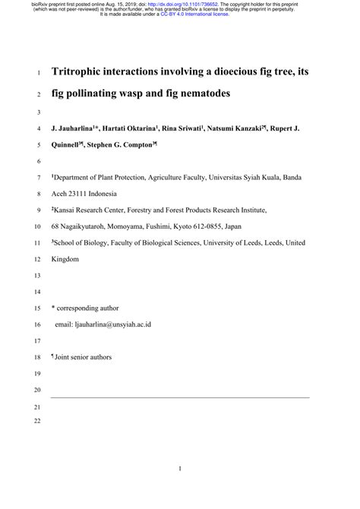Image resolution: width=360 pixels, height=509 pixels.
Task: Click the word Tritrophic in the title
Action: pyautogui.click(x=81, y=73)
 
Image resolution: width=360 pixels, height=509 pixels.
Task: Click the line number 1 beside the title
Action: pyautogui.click(x=38, y=74)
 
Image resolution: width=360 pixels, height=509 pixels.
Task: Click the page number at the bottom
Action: pyautogui.click(x=180, y=469)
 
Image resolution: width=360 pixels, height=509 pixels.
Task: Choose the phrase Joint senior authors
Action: pyautogui.click(x=83, y=357)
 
